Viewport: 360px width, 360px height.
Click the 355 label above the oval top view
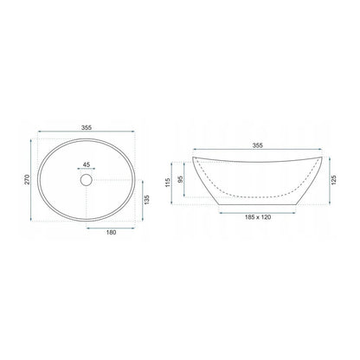[x=87, y=127]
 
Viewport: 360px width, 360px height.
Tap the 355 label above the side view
[x=258, y=145]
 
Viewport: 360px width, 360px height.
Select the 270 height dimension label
[x=27, y=180]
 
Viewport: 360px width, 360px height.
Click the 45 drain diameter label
[x=87, y=164]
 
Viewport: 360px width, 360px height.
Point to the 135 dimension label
[x=147, y=200]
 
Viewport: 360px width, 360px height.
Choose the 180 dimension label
[x=111, y=232]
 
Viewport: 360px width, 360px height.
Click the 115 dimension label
[x=168, y=183]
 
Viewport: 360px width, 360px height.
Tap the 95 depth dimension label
[x=181, y=179]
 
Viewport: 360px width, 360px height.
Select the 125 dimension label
[x=334, y=180]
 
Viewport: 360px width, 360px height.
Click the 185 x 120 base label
[x=258, y=217]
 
